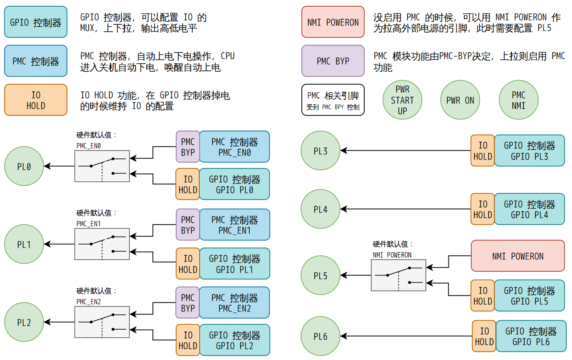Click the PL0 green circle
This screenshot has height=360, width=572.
[24, 167]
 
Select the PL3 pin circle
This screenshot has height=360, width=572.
[321, 151]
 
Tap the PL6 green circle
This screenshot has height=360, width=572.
[321, 336]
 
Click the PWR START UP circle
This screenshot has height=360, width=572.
[402, 100]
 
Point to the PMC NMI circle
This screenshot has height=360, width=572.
[519, 100]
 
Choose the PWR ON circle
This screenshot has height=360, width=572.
[460, 100]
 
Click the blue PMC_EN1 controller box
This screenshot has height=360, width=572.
[235, 225]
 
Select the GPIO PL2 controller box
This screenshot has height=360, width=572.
[235, 340]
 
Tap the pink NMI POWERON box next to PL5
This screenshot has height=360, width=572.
[518, 256]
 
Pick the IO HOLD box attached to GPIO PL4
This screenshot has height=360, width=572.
[483, 209]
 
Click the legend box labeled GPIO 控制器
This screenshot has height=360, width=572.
[36, 22]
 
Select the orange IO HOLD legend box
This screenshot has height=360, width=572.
[36, 100]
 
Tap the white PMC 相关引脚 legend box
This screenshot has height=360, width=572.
[333, 100]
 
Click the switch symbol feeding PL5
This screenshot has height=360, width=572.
[399, 275]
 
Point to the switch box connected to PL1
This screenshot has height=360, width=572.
[102, 244]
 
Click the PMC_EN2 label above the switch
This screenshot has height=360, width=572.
[89, 302]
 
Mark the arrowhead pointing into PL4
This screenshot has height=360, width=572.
[344, 209]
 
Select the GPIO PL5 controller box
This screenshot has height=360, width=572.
[529, 296]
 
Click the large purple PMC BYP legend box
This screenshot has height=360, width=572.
[333, 61]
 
